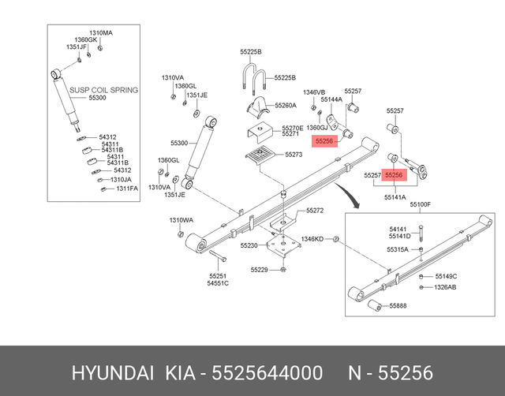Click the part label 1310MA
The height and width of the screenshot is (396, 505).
[100, 32]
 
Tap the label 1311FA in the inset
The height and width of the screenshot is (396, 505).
[127, 189]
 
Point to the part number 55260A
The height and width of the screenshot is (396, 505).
[285, 105]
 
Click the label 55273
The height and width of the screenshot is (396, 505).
[294, 155]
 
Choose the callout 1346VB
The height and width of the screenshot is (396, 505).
[314, 92]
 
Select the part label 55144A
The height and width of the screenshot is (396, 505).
[331, 100]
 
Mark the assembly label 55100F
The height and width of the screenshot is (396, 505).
[419, 204]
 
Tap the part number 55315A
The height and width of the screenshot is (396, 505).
[398, 249]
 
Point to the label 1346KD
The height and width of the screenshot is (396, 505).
[312, 238]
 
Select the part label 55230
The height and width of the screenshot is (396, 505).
[249, 246]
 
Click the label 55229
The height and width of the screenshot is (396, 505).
[260, 270]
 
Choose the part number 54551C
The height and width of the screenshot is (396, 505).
[218, 283]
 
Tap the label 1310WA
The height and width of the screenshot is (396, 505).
[181, 220]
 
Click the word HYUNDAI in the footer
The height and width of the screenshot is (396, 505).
[112, 372]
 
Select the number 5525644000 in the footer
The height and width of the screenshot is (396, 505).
[267, 372]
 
